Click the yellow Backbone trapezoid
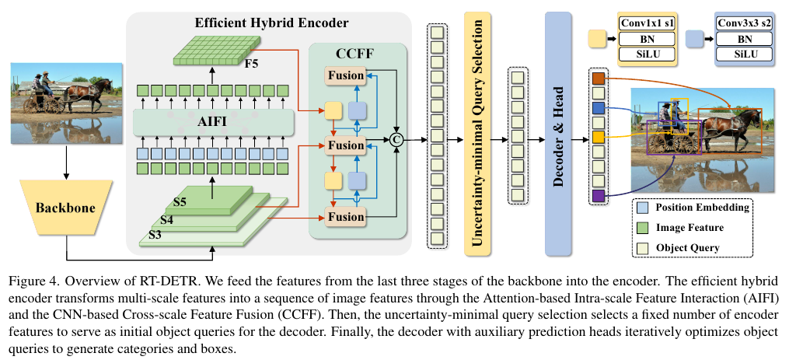coord(65,208)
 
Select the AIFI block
coord(213,122)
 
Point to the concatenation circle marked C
coord(397,141)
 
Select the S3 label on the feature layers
coord(155,235)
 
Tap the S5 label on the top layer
coord(180,202)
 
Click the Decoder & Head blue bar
coord(558,134)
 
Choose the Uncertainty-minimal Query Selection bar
coord(477,134)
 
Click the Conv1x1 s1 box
coord(647,23)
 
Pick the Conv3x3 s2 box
coord(744,23)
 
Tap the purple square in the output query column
coord(599,197)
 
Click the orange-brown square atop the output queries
coord(599,79)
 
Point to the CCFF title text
coord(354,54)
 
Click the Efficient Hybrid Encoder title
coord(272,23)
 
